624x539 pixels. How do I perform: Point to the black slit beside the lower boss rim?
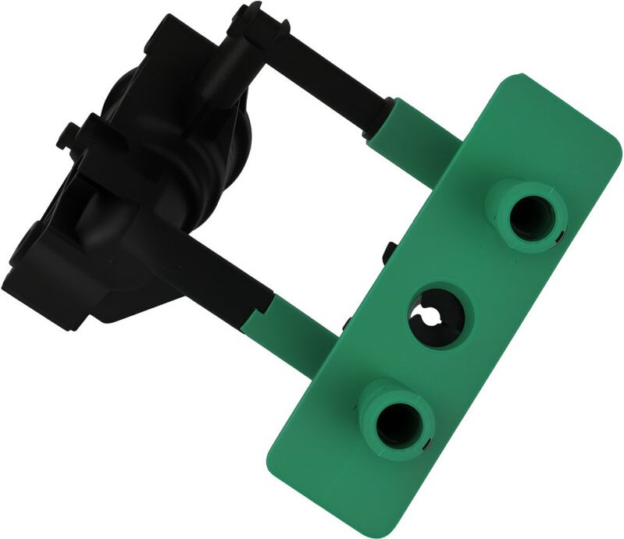[428, 445]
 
